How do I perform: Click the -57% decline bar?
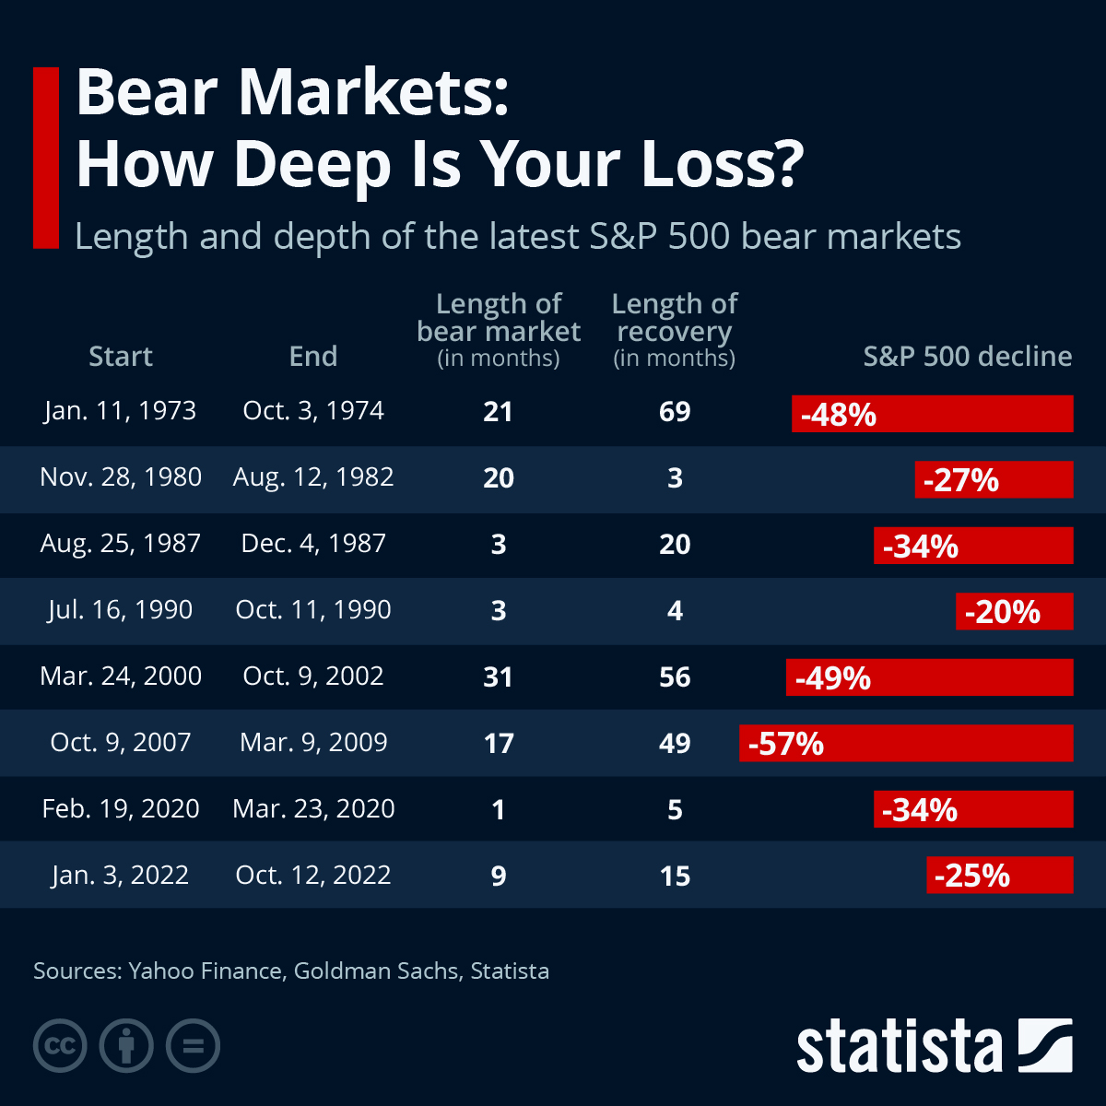[906, 743]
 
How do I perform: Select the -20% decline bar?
[1014, 611]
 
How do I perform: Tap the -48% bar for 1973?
[932, 414]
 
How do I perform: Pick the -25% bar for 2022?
[999, 875]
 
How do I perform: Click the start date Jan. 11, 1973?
[120, 410]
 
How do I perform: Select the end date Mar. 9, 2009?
[313, 742]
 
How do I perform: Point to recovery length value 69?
[675, 411]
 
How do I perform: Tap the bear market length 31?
[498, 677]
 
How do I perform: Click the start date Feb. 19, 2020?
[120, 808]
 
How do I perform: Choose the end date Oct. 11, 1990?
[313, 609]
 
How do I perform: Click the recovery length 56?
[675, 677]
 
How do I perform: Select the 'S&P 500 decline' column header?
[967, 356]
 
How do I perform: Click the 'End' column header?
[313, 356]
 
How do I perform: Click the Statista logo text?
[899, 1047]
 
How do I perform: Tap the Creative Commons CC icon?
[60, 1046]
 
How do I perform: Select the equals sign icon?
[193, 1046]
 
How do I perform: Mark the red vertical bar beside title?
[45, 158]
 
